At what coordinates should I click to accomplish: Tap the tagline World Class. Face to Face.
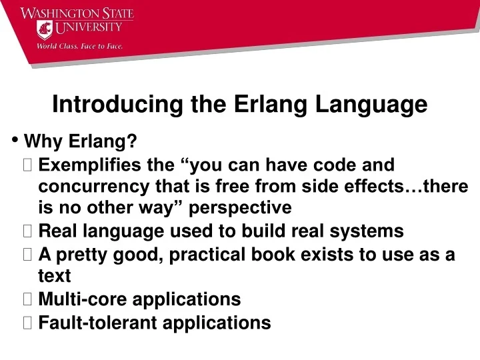pyautogui.click(x=79, y=47)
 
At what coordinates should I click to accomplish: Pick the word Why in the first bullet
pyautogui.click(x=41, y=141)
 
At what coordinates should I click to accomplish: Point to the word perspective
pyautogui.click(x=240, y=208)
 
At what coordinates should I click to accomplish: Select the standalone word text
pyautogui.click(x=55, y=275)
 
